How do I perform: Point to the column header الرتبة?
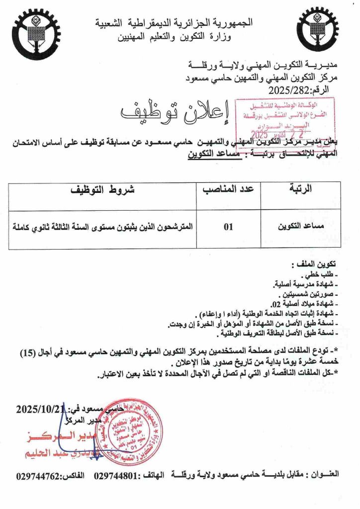301,189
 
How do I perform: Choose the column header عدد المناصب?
228,189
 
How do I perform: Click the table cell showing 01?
228,228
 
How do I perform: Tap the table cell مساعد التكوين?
298,228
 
